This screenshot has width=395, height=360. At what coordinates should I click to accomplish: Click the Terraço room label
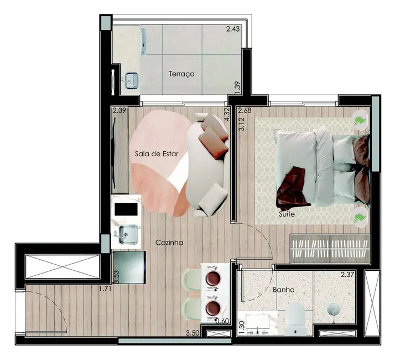(x=181, y=74)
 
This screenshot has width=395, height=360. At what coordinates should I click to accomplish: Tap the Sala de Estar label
(x=157, y=154)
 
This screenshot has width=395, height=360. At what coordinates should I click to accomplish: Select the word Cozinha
(x=169, y=242)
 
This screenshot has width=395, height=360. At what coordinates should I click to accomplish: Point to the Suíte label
(x=287, y=213)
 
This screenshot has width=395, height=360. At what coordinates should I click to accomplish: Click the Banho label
(x=283, y=289)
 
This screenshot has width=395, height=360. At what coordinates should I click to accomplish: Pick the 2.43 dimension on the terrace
(x=233, y=29)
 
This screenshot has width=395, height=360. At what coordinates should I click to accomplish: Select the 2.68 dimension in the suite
(x=245, y=110)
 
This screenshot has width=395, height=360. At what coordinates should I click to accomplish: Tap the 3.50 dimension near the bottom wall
(x=193, y=333)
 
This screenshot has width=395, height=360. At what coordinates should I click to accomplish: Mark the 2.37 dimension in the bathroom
(x=347, y=274)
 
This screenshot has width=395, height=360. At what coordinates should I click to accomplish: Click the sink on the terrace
(x=131, y=81)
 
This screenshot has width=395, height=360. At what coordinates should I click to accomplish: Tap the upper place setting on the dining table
(x=213, y=279)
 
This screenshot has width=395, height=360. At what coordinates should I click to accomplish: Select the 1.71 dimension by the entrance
(x=105, y=289)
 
